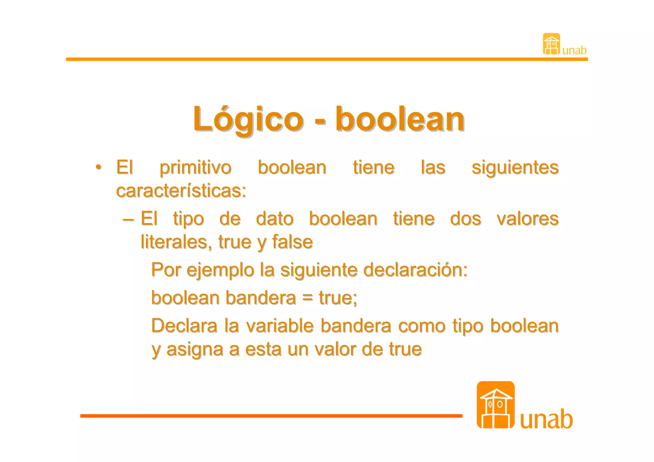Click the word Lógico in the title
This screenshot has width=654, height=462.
248,119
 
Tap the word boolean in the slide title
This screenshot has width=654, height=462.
400,119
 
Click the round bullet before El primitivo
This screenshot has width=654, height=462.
99,167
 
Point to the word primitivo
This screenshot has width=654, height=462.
195,168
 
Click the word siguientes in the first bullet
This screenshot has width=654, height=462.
515,168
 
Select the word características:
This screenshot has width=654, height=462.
181,191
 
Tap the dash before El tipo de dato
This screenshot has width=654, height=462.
128,220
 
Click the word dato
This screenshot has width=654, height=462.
275,219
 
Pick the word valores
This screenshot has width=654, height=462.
528,219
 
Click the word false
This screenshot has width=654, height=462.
292,242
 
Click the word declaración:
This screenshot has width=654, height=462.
415,270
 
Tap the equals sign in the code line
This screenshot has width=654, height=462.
307,298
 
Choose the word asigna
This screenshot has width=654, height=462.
195,350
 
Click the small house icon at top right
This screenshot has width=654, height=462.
551,44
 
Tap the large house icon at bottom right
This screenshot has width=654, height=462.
495,405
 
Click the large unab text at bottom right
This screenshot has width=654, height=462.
546,419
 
